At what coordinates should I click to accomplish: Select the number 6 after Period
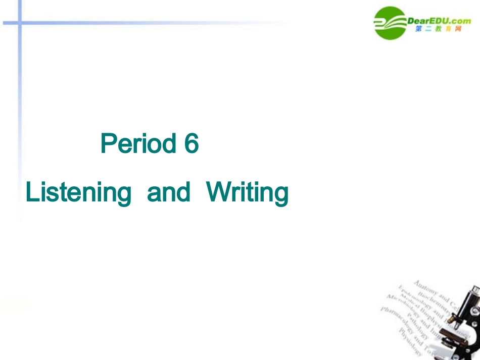[x=191, y=144]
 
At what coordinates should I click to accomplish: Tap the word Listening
[x=78, y=193]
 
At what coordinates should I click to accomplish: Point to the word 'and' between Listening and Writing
[x=169, y=192]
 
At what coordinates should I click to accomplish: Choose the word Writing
[x=248, y=193]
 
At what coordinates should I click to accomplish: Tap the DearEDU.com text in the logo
[x=439, y=20]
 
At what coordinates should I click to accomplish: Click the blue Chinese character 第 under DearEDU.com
[x=419, y=29]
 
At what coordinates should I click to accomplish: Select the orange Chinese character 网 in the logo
[x=457, y=29]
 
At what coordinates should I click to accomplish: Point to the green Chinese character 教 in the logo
[x=438, y=29]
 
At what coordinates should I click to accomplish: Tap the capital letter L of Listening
[x=31, y=192]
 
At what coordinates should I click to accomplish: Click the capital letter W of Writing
[x=216, y=192]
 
